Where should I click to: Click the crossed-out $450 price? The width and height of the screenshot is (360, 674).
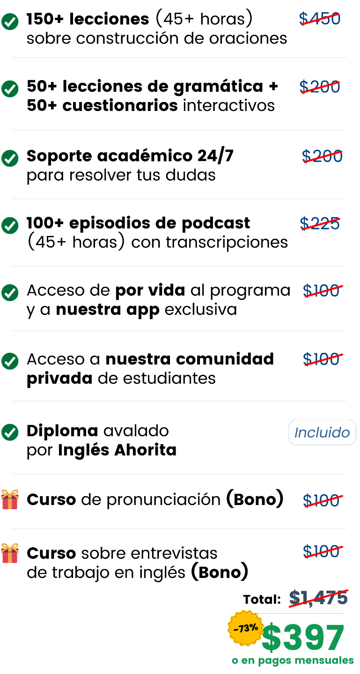(320, 19)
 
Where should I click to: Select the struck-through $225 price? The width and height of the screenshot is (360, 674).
(320, 224)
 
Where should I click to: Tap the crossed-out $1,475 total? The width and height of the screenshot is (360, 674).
(318, 598)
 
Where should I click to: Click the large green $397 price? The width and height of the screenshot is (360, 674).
(303, 638)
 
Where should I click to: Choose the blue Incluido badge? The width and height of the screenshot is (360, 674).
(322, 432)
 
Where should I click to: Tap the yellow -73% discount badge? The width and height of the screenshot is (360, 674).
(245, 628)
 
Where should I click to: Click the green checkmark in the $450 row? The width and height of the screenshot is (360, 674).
(10, 22)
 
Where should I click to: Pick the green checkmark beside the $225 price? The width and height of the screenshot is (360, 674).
(10, 225)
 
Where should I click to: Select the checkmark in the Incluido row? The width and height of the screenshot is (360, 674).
(10, 432)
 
